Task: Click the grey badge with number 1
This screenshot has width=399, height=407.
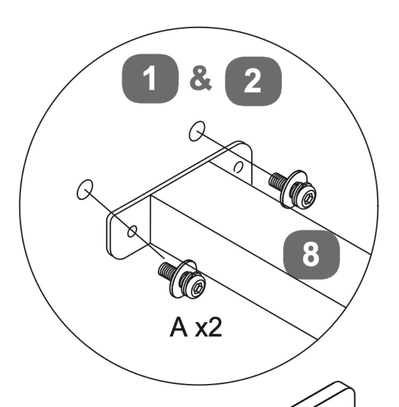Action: (x=150, y=79)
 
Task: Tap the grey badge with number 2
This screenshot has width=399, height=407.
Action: (x=253, y=81)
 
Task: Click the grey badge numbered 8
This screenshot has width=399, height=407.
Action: (x=311, y=254)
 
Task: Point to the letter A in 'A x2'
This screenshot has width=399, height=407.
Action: (x=179, y=327)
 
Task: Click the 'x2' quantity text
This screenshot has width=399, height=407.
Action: (x=209, y=327)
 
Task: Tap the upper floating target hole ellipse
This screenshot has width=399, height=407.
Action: (x=197, y=131)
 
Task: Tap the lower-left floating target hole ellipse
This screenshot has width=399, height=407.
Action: (x=85, y=190)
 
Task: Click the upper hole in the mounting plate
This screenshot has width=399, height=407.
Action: (x=238, y=167)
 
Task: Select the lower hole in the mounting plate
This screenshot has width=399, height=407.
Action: (x=132, y=231)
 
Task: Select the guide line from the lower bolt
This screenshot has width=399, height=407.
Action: (x=125, y=224)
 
